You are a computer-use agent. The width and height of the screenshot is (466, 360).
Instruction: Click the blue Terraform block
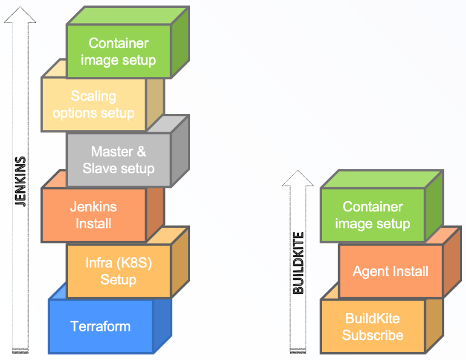point(101,326)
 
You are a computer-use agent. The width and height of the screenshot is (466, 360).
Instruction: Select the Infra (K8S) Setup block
point(118,271)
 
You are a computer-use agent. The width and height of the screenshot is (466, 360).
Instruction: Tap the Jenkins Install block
point(94,215)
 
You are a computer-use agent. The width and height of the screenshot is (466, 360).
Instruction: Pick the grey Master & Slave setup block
point(118,160)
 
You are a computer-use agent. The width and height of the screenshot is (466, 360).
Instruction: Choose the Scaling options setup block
point(94,105)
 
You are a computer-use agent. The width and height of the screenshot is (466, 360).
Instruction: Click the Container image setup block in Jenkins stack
point(118,52)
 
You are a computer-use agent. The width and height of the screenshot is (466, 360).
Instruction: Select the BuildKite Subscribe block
point(373,327)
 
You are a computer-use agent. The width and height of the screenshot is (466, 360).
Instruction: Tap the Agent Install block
point(390,272)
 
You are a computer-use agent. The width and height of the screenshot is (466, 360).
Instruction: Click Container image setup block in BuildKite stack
point(373,215)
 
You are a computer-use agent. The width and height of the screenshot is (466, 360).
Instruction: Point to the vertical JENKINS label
point(20,182)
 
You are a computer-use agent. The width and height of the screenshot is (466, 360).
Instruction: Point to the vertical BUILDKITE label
point(299,263)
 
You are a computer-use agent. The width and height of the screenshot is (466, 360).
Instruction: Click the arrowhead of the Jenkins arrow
point(20,15)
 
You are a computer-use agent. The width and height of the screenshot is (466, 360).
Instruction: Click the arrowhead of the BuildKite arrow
point(299,178)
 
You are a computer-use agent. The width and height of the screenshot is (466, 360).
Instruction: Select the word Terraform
point(101,326)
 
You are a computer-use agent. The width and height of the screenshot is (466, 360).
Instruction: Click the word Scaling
point(94,96)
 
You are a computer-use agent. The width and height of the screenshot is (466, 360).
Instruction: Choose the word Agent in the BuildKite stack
point(371,272)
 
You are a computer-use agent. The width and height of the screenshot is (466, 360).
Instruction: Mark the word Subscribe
point(373,335)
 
